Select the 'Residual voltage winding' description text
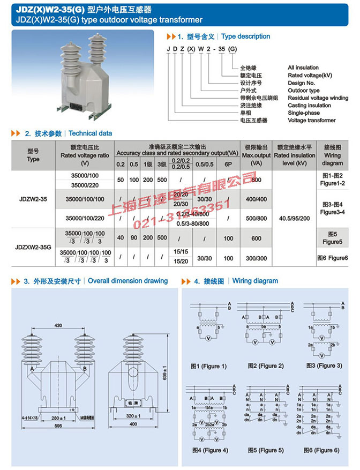(318, 98)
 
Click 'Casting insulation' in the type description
(310, 106)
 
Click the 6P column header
(228, 163)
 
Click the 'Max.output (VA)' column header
(256, 155)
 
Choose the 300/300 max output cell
(256, 258)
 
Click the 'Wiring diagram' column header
(332, 155)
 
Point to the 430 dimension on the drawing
(58, 326)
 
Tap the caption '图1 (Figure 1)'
(208, 366)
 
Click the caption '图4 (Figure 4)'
(209, 450)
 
